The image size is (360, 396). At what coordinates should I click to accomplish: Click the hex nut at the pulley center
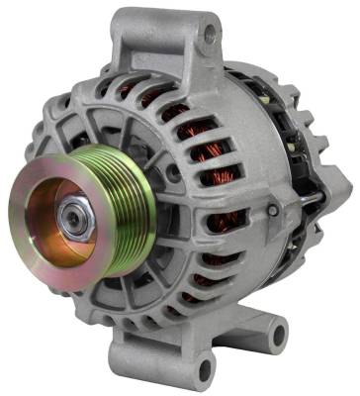pyautogui.click(x=70, y=212)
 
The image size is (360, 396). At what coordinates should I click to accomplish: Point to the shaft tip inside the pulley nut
pyautogui.click(x=72, y=212)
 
